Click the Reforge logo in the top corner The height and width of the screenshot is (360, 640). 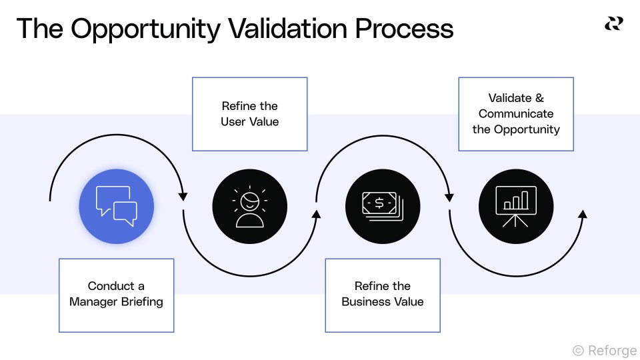[613, 24]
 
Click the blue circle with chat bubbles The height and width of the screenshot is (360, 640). [117, 206]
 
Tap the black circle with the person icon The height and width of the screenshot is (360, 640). [250, 206]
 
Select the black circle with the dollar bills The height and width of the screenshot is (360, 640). [383, 206]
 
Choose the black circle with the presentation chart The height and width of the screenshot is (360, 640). [516, 206]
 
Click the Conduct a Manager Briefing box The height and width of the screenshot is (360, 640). [117, 295]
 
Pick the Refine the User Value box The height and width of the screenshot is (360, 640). [250, 114]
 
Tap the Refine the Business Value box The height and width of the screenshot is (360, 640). [383, 295]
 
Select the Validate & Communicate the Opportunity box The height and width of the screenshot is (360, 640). [516, 114]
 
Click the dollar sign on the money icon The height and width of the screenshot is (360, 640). [379, 203]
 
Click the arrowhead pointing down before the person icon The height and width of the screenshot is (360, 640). [183, 197]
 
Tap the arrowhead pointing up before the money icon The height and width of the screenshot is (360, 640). [317, 214]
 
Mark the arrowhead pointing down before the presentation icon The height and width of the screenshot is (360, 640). [449, 197]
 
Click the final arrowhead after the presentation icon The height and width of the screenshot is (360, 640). [583, 214]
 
